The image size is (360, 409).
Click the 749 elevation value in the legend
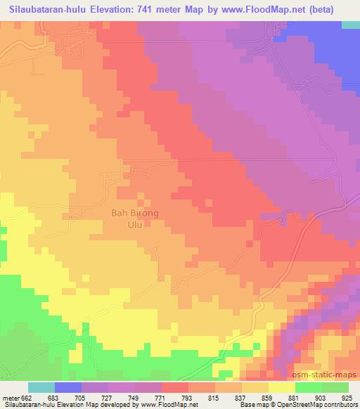(136, 398)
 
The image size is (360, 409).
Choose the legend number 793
(188, 398)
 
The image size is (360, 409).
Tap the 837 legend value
(242, 398)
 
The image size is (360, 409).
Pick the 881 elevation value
(295, 398)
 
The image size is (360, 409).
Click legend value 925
(348, 398)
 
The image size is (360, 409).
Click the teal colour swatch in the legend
(41, 388)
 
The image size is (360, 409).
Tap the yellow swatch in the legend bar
(281, 388)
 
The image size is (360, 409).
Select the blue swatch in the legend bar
(68, 388)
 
